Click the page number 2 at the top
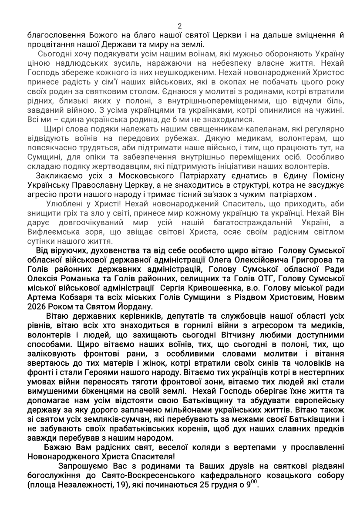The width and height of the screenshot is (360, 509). coord(180,26)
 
